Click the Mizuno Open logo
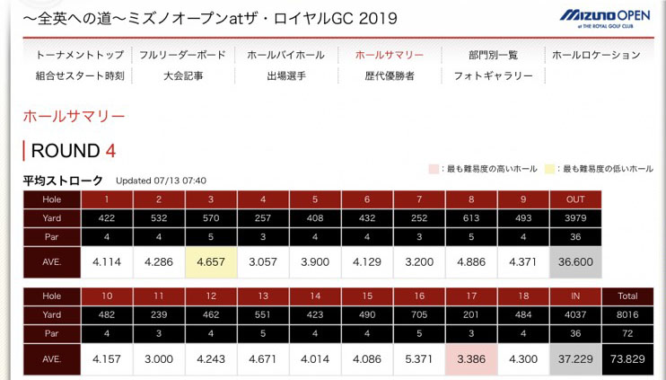(606, 17)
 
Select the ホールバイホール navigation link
(285, 55)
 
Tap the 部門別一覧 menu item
(493, 55)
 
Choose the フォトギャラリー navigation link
(493, 76)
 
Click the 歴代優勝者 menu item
(390, 76)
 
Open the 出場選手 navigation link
(286, 76)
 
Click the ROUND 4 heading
(73, 151)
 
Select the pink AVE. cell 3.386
(471, 359)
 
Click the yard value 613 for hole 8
(471, 217)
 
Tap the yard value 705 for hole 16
(419, 315)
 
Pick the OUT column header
(574, 199)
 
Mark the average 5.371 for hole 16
(419, 359)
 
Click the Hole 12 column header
(211, 296)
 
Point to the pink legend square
(434, 169)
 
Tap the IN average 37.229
(574, 359)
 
